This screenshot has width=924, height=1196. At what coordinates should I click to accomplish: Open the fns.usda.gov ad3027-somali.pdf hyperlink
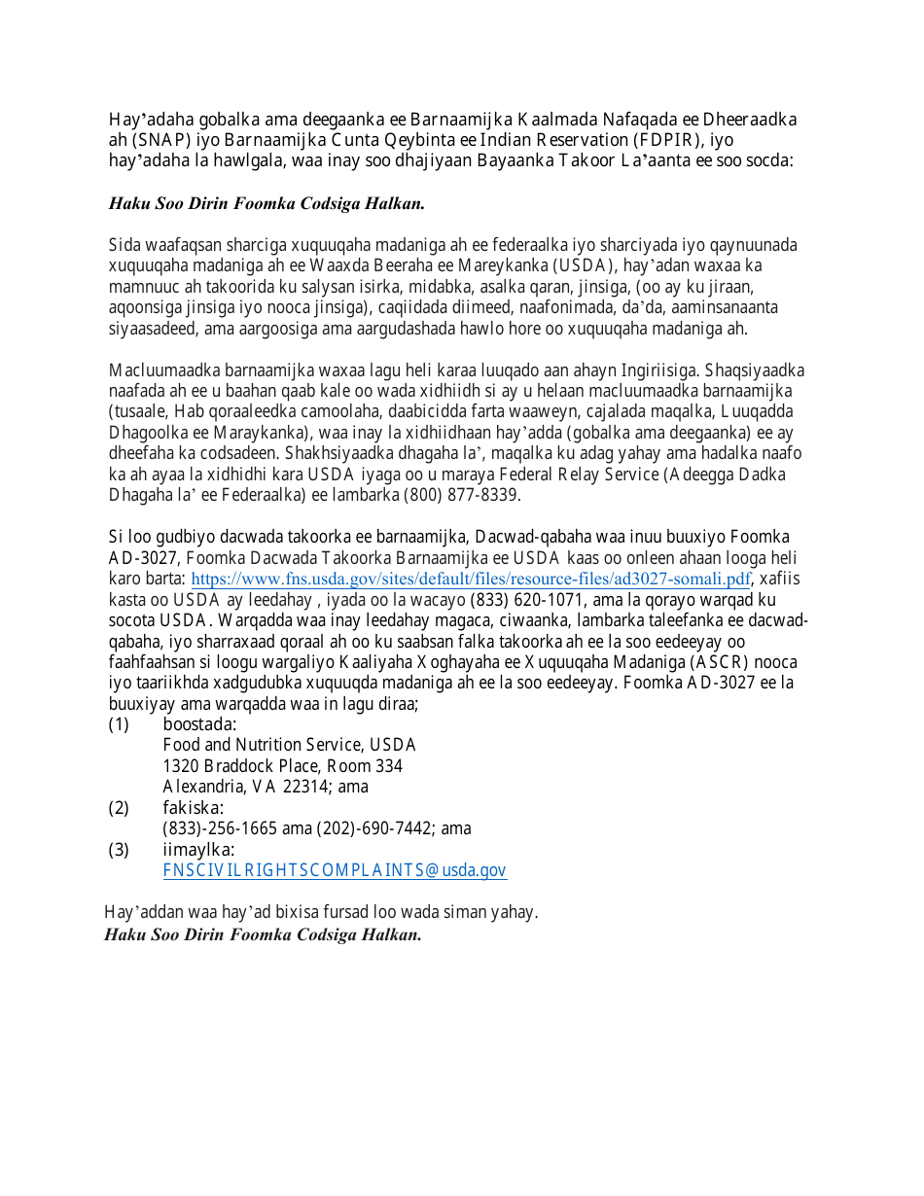[471, 580]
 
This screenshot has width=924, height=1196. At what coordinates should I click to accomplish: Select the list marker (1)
[119, 724]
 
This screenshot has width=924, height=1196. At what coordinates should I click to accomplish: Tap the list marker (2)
[119, 808]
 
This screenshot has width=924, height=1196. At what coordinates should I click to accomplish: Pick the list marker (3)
[119, 850]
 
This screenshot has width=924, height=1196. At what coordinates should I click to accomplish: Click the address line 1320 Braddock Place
[246, 766]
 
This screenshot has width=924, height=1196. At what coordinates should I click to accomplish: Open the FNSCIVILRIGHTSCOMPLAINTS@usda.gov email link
[335, 871]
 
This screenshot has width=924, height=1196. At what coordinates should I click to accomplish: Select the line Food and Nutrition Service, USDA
[289, 746]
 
